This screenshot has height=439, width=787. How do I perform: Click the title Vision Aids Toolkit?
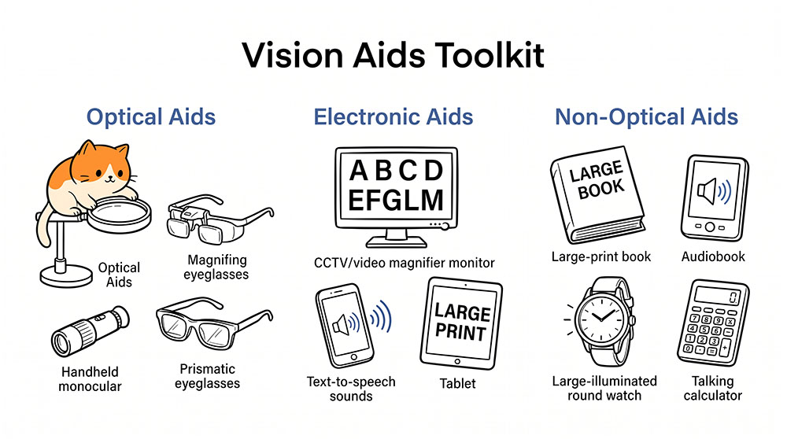click(393, 55)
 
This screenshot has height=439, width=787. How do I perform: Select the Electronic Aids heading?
click(393, 117)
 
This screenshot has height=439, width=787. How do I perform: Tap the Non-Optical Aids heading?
click(646, 117)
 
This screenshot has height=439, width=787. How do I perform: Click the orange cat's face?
click(104, 171)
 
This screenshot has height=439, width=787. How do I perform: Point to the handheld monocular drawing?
click(91, 331)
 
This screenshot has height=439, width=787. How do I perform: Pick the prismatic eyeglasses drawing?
click(214, 323)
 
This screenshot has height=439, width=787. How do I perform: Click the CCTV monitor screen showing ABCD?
click(396, 186)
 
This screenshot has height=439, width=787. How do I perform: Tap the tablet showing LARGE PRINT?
click(460, 323)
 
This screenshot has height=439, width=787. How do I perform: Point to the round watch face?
click(602, 318)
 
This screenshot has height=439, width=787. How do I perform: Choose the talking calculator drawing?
click(713, 323)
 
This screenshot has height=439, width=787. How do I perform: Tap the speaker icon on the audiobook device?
click(714, 191)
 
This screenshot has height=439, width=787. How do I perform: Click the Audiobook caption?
click(713, 257)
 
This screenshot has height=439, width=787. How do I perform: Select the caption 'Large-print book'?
click(600, 257)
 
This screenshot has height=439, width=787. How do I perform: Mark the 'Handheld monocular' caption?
click(90, 378)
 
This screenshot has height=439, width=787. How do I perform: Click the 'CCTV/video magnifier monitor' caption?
click(404, 263)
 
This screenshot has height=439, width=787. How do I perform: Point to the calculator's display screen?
click(719, 296)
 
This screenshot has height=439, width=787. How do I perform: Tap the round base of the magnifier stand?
click(66, 276)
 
